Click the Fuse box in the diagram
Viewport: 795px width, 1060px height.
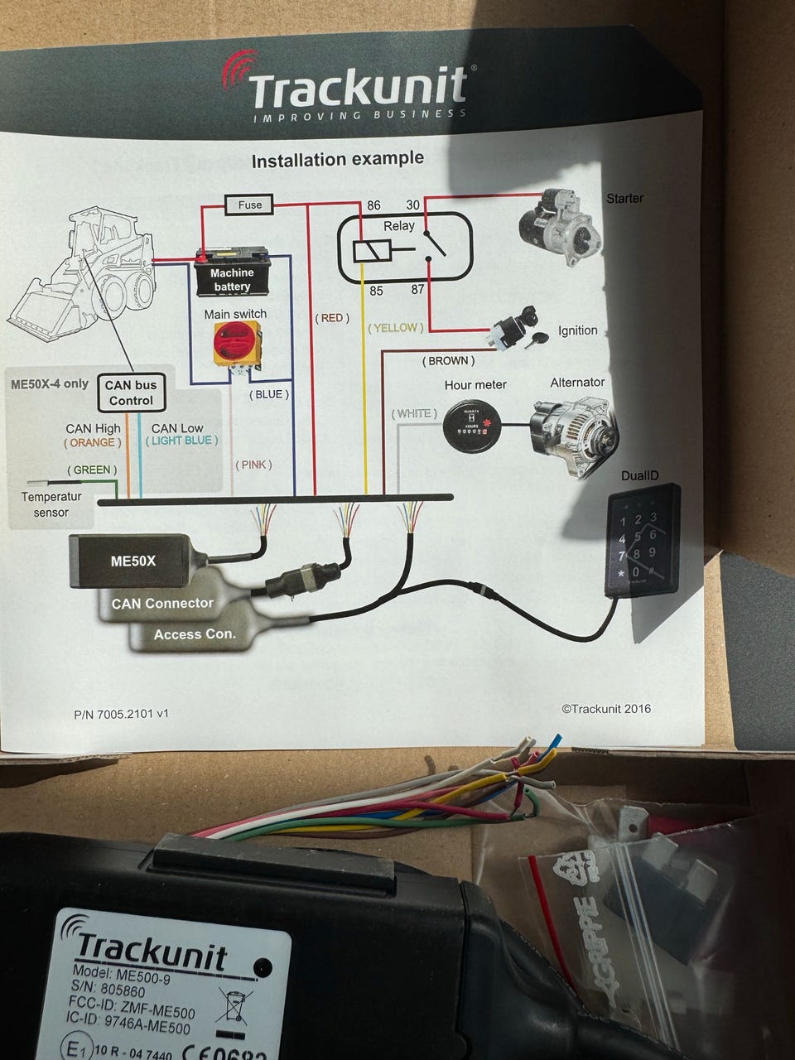click(249, 205)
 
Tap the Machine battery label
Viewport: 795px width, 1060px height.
click(232, 279)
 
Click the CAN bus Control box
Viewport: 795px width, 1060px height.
click(131, 393)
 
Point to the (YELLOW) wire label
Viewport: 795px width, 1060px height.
click(396, 328)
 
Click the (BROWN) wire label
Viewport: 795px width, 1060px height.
click(448, 361)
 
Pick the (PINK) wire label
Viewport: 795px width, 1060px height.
click(253, 465)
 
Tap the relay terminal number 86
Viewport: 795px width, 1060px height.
click(374, 205)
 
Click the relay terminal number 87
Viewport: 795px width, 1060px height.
click(417, 290)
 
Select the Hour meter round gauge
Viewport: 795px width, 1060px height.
click(475, 426)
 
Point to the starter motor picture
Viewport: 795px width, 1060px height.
click(559, 227)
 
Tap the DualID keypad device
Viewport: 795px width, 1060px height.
click(642, 539)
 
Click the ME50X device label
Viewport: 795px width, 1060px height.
click(133, 561)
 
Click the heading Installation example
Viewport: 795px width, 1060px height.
click(337, 159)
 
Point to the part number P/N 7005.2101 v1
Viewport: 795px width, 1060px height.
click(121, 713)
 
